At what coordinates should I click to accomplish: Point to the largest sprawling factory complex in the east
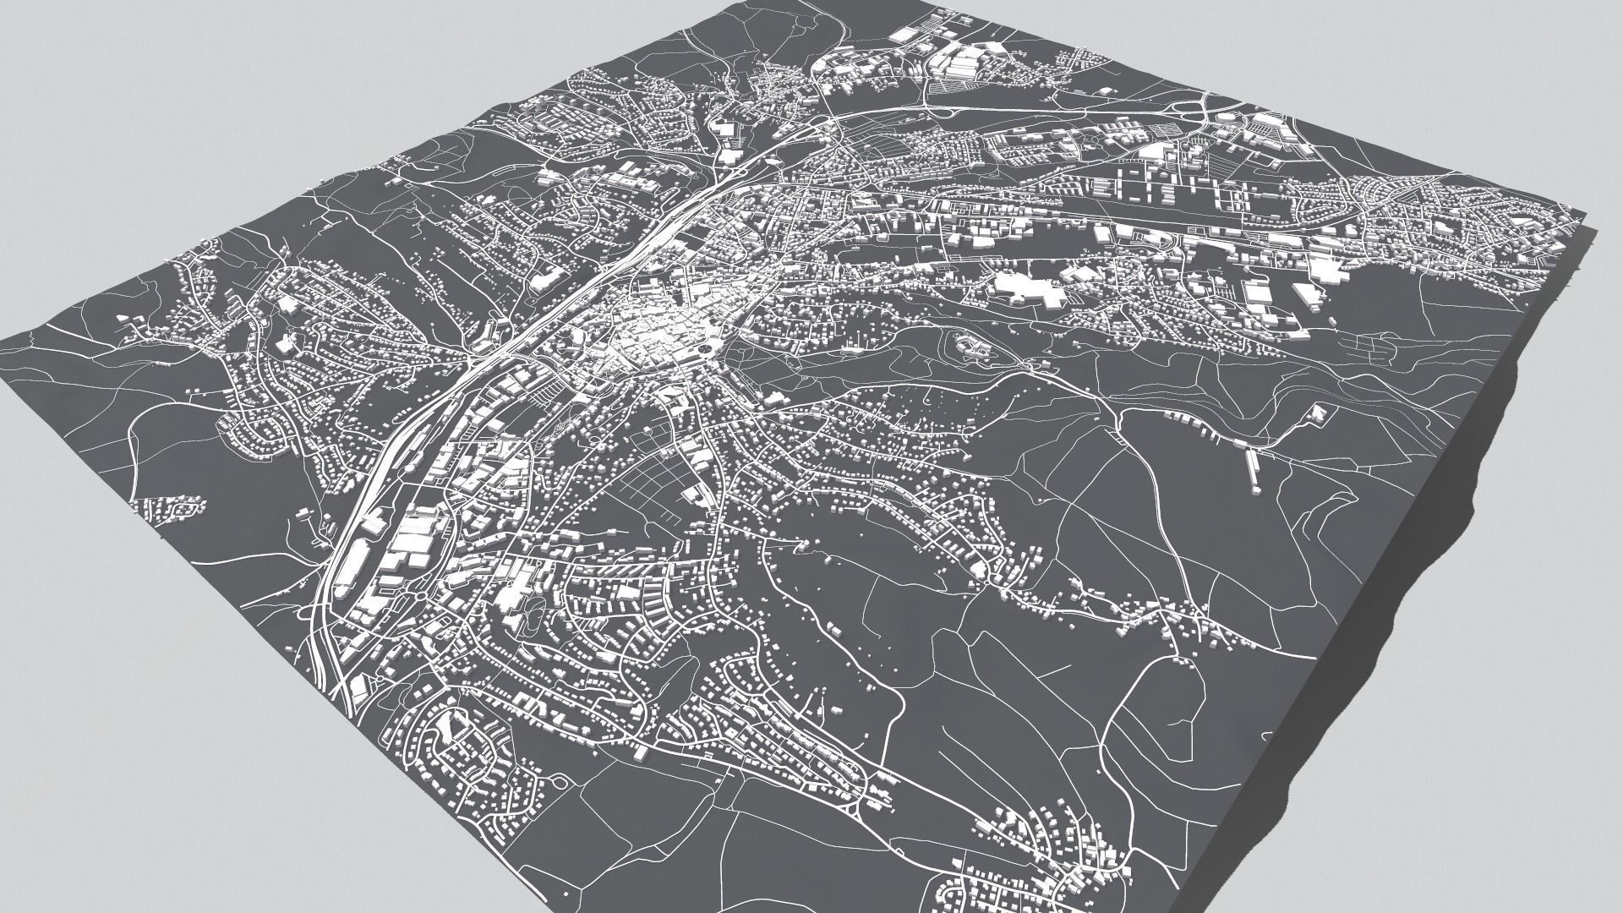pyautogui.click(x=1027, y=289)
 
